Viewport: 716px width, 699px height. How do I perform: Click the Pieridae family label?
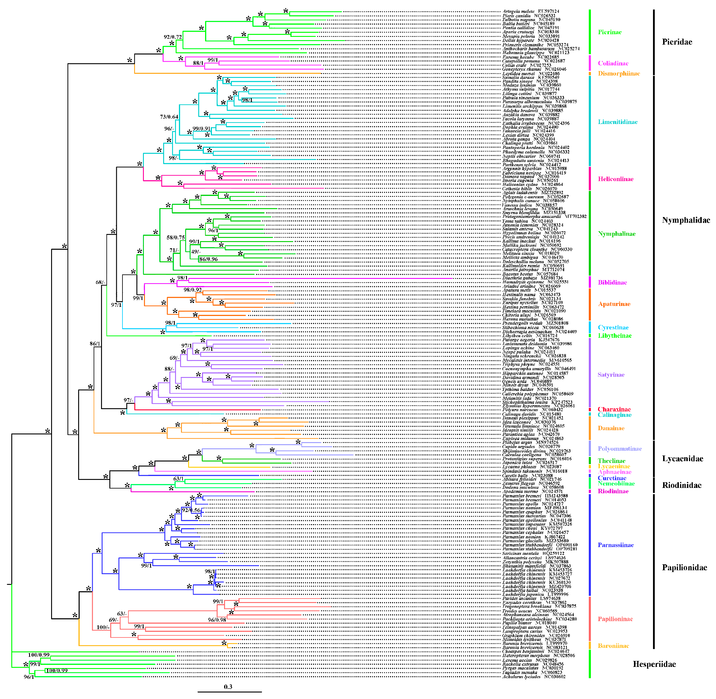click(x=677, y=42)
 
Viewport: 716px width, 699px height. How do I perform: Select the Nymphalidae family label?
click(x=686, y=220)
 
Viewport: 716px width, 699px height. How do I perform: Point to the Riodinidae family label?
click(x=682, y=485)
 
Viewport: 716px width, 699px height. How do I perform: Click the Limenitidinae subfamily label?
click(x=618, y=122)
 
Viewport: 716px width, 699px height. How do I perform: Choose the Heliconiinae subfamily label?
click(x=616, y=179)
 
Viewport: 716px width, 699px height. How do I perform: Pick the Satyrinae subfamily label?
click(x=611, y=375)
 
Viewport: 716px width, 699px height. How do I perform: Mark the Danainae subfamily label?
click(x=611, y=428)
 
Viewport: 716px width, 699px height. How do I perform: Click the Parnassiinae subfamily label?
click(x=616, y=545)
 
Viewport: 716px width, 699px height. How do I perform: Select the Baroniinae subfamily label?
click(x=613, y=646)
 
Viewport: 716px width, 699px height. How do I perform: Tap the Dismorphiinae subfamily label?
click(x=619, y=73)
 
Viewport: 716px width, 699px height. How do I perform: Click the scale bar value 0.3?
click(x=228, y=687)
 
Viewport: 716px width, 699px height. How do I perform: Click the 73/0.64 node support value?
click(x=169, y=117)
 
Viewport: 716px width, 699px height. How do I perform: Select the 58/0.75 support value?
click(x=175, y=238)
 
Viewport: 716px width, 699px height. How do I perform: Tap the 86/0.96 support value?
click(x=208, y=259)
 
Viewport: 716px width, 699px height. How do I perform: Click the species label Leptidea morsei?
click(x=518, y=74)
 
